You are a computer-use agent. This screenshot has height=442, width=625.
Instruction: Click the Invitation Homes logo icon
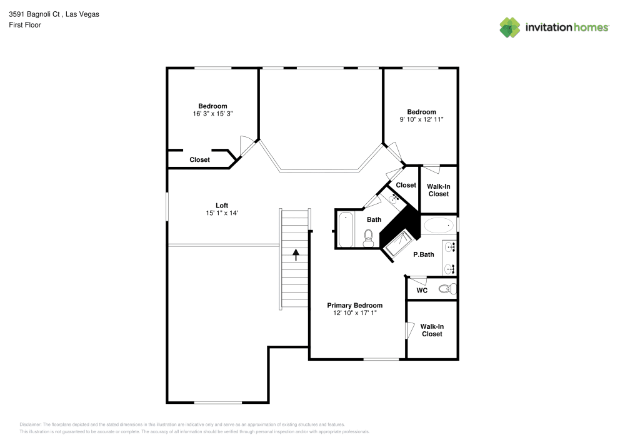click(509, 27)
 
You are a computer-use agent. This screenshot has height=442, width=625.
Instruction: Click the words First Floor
click(25, 25)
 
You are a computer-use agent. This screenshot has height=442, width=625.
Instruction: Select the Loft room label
click(222, 205)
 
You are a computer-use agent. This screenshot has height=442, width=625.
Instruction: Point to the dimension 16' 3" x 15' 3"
click(212, 114)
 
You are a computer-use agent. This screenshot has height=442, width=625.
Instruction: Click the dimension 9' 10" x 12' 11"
click(421, 119)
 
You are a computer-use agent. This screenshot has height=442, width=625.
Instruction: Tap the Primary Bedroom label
click(354, 305)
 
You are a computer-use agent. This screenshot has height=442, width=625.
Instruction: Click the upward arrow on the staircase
click(295, 254)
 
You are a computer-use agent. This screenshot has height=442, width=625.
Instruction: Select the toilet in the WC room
click(446, 289)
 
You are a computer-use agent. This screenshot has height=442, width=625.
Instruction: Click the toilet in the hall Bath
click(369, 237)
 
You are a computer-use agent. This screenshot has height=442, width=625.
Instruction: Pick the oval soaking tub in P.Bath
click(440, 225)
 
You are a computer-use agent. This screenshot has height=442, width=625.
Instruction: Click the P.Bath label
click(424, 254)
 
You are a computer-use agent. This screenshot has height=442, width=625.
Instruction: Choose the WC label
click(422, 290)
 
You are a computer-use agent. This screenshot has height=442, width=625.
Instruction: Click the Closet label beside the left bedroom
click(199, 159)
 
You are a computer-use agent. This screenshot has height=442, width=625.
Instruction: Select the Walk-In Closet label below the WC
click(432, 330)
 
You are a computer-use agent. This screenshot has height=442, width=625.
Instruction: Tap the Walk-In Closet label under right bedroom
click(438, 190)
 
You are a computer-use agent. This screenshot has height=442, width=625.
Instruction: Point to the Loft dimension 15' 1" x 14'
click(222, 213)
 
